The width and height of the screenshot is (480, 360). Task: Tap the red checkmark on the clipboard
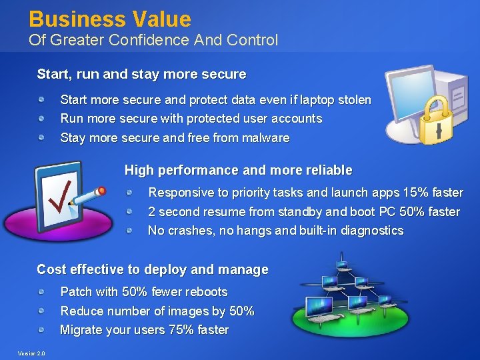coord(64,193)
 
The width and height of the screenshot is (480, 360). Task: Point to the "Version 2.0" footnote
coord(31,353)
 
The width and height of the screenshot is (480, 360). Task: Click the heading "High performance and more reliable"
coord(238,171)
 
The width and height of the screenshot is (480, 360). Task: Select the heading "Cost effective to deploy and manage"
coord(152,270)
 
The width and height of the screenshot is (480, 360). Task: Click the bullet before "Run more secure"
coord(41,119)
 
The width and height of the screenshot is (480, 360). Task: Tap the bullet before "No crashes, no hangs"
coord(130,231)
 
